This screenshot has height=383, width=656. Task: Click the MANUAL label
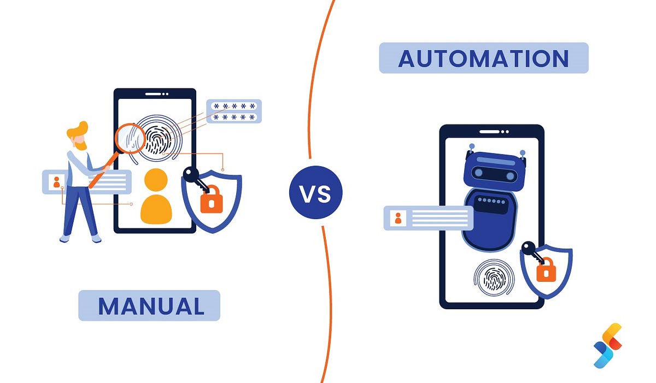coord(149,305)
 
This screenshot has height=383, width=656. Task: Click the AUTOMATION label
coord(483,58)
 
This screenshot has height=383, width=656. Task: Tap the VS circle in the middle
coord(315,193)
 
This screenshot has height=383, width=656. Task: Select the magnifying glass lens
coord(131,138)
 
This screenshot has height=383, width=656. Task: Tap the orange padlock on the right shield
coord(546,270)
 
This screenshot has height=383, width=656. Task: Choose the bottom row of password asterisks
coord(234,117)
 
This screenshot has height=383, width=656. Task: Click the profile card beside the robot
coord(428,218)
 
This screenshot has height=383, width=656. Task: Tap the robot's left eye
coord(479,173)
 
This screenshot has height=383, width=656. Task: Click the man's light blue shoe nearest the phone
coord(96,238)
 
